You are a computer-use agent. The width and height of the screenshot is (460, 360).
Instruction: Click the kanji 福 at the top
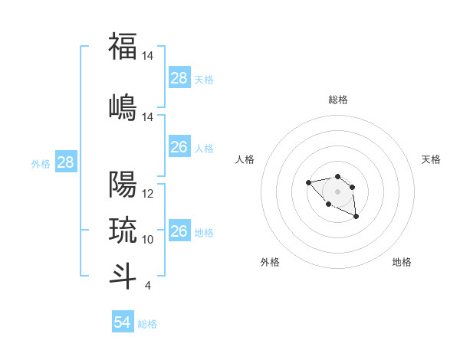(123, 46)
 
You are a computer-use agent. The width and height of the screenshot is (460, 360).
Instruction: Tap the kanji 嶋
(123, 106)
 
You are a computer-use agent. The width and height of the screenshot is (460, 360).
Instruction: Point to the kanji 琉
(123, 229)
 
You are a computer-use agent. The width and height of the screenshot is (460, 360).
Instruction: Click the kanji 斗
(123, 275)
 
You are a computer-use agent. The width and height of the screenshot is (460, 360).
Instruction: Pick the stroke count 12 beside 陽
(148, 194)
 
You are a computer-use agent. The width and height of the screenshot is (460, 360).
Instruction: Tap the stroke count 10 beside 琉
(148, 239)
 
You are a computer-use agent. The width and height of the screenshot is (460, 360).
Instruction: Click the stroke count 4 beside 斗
(147, 286)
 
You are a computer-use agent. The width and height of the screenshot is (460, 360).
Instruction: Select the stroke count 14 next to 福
(148, 56)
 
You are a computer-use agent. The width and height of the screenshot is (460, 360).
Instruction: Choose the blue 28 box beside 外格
(65, 162)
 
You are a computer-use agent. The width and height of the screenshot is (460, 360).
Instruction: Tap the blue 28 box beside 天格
(179, 78)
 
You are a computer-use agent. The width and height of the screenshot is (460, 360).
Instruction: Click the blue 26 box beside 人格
(179, 147)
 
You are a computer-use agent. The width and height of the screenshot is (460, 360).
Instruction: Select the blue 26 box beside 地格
(179, 231)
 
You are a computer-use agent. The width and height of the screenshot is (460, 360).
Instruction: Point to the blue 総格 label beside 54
(147, 324)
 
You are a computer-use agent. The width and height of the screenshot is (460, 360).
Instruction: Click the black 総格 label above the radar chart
(337, 100)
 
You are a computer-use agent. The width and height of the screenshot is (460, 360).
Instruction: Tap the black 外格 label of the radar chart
(270, 262)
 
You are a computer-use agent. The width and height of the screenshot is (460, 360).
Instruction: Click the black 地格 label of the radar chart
(402, 262)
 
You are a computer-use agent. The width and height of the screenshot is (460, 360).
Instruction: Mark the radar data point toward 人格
(308, 182)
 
